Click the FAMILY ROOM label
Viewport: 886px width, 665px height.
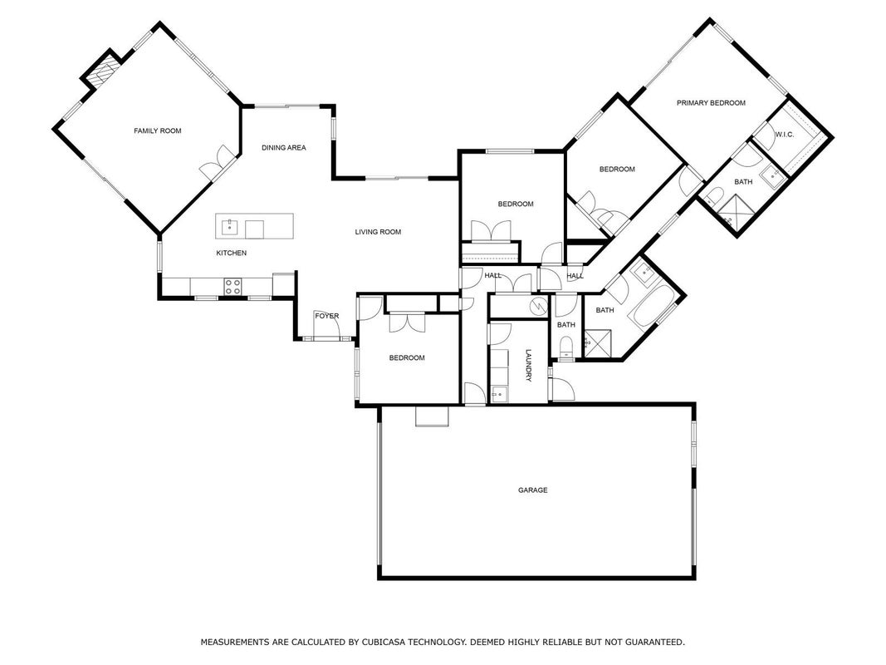(158, 131)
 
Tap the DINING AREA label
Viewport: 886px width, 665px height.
(284, 148)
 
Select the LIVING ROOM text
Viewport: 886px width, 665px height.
(378, 232)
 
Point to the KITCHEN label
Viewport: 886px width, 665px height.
(232, 253)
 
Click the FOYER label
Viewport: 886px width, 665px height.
(326, 316)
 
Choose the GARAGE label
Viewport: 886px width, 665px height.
(533, 490)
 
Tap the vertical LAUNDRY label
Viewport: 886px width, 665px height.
(529, 365)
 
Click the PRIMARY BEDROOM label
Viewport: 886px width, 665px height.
(711, 103)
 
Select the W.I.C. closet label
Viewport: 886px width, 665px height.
(785, 135)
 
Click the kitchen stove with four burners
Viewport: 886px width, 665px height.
(233, 286)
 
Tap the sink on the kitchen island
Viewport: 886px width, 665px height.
(229, 228)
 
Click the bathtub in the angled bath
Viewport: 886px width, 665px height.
(654, 305)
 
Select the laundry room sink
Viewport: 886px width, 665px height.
(498, 394)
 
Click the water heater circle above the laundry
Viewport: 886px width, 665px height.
(539, 306)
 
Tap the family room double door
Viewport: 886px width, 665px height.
(217, 162)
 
